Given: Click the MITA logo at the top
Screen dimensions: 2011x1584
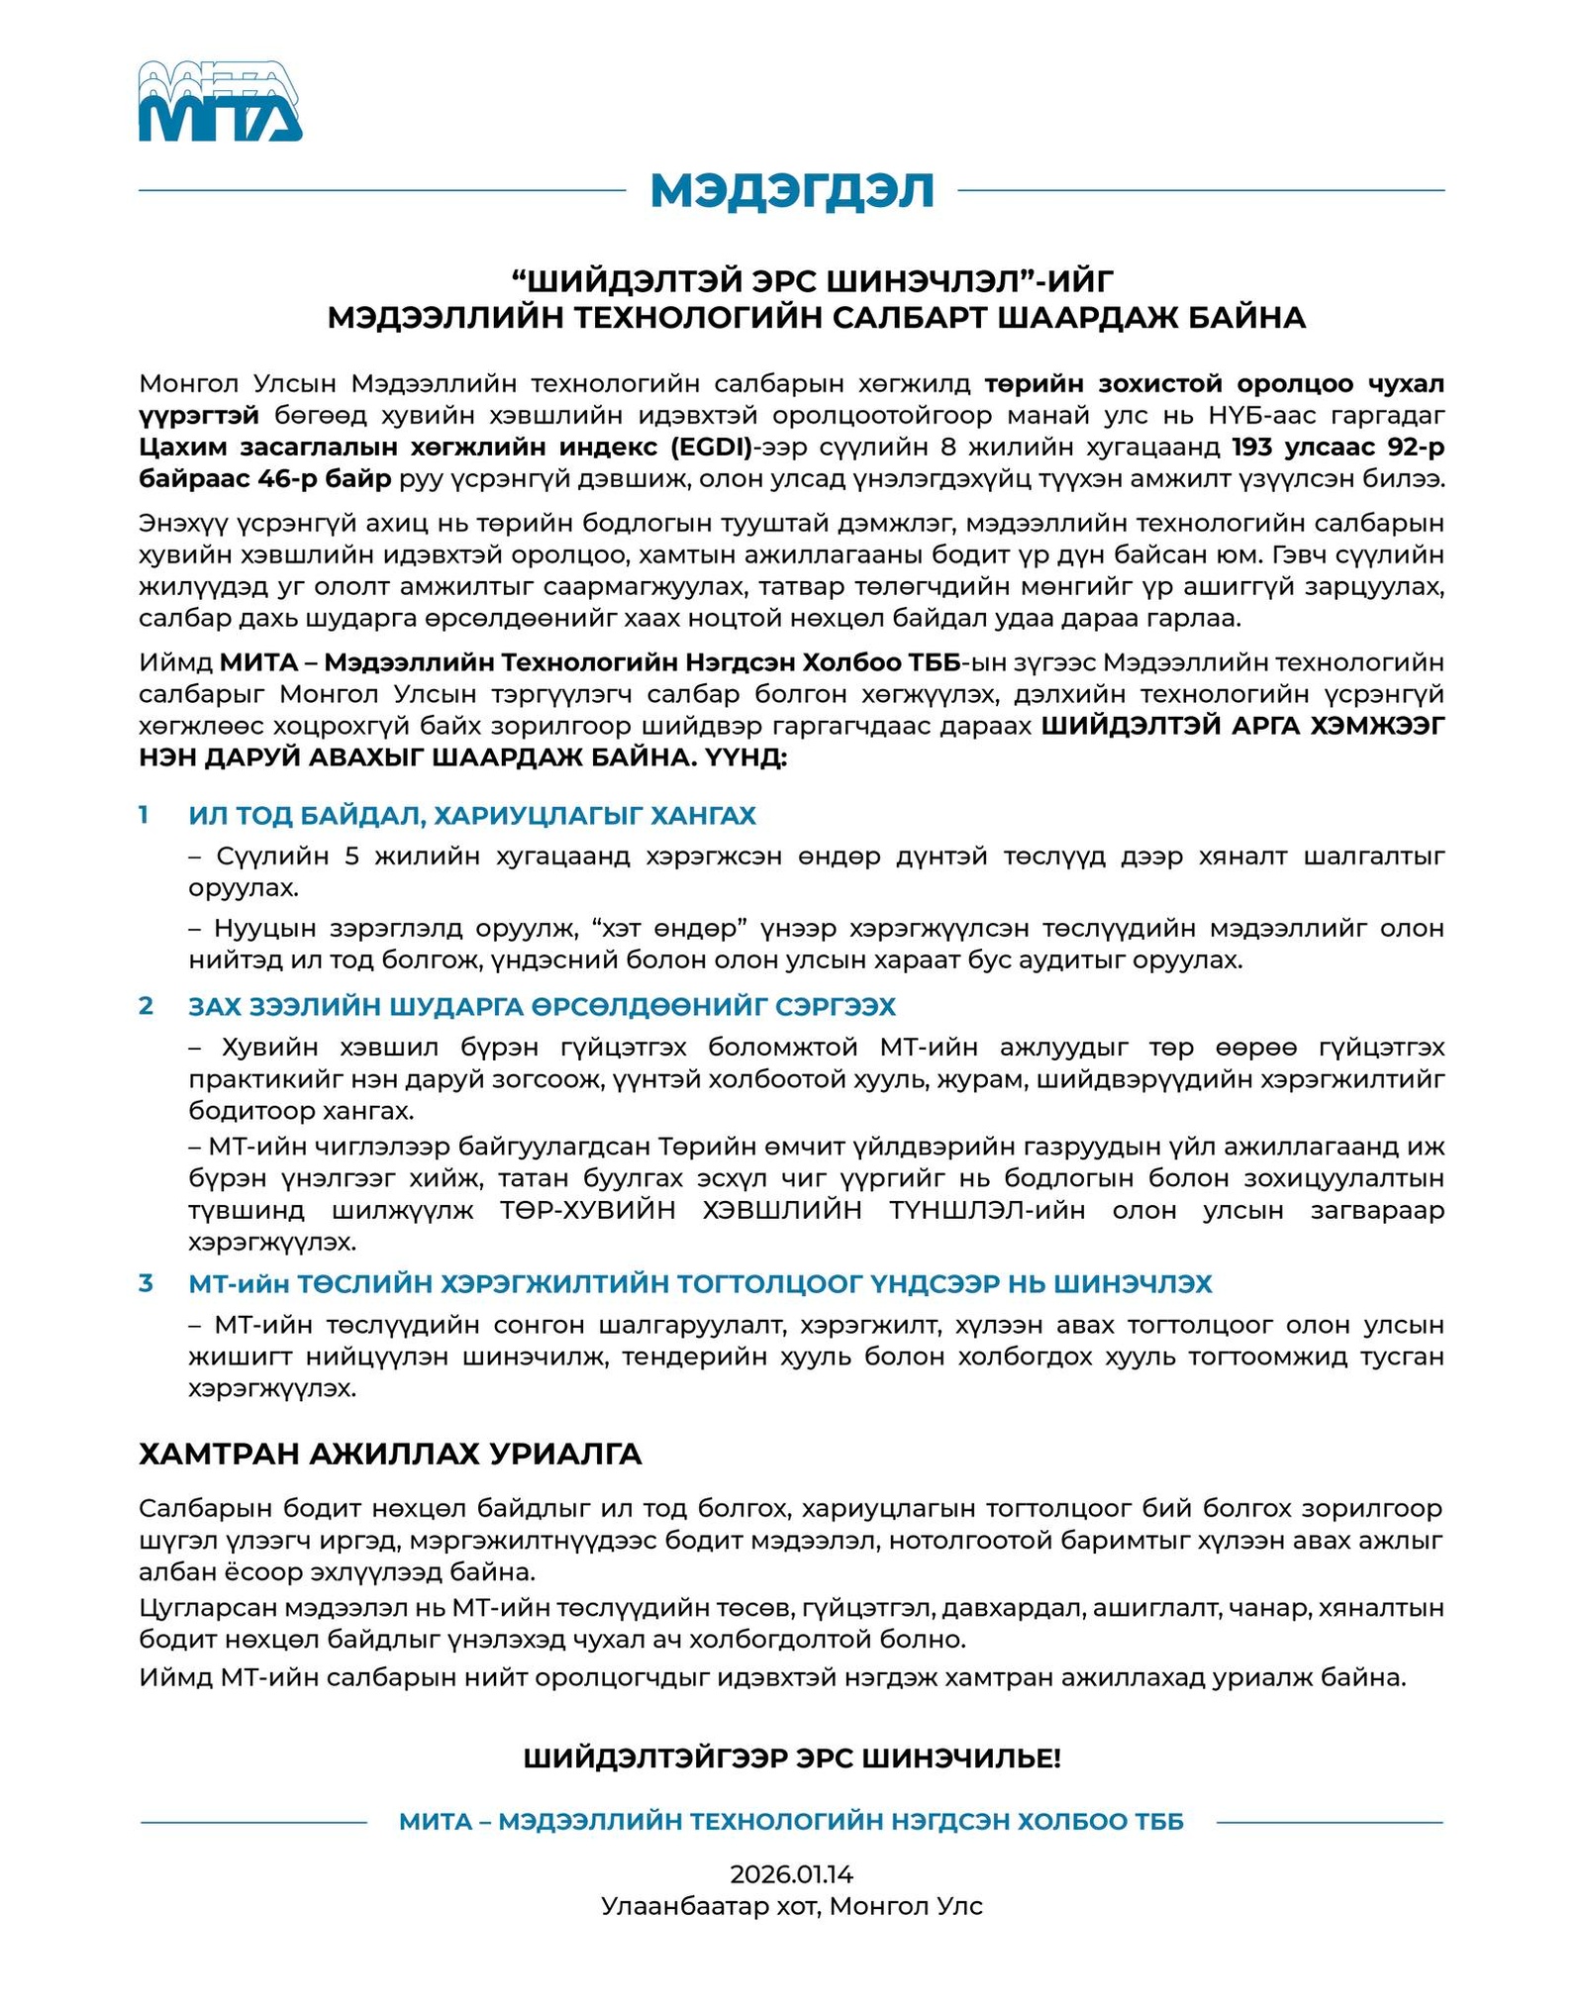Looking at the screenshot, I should pos(220,101).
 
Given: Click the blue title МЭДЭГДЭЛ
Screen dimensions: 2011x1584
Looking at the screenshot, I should pos(792,190).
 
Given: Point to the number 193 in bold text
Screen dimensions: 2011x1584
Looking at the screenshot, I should pos(1258,448).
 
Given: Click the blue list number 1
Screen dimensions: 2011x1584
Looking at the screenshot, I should pos(145,815).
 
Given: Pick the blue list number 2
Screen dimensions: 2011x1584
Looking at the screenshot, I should pos(146,1006).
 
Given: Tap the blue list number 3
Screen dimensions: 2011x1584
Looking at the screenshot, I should pos(146,1283).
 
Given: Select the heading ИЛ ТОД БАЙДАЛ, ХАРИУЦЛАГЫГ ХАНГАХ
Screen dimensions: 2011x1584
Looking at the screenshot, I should pos(472,816).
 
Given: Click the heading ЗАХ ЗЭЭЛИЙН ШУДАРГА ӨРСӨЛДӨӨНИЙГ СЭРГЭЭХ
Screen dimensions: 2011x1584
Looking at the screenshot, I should pos(542,1007).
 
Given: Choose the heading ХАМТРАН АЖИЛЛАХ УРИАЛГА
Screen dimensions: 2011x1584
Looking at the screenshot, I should pos(390,1454).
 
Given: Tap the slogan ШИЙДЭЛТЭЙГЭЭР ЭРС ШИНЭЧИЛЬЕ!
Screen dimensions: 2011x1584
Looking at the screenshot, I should pos(792,1759).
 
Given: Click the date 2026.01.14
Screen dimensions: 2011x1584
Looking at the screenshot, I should pos(792,1873).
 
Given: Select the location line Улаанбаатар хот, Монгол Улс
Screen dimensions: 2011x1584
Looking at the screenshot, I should pos(792,1906).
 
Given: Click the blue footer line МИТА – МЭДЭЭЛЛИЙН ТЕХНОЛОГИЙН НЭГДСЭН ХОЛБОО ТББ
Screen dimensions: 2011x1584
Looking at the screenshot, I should pos(792,1822).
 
